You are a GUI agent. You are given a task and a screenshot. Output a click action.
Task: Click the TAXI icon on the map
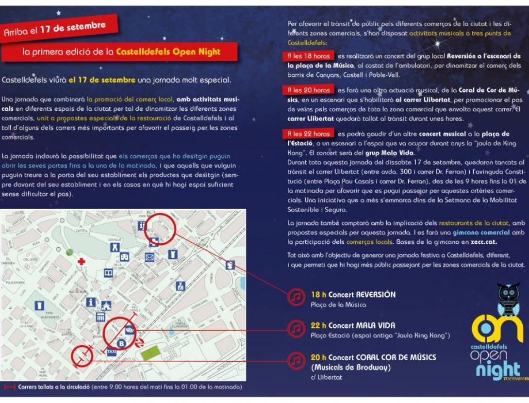pyautogui.click(x=112, y=352)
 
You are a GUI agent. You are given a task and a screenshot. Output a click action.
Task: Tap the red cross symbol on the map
pyautogui.click(x=82, y=262)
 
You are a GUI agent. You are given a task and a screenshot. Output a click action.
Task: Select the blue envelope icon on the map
pyautogui.click(x=149, y=257)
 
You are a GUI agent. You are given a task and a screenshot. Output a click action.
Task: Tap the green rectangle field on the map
pyautogui.click(x=149, y=353)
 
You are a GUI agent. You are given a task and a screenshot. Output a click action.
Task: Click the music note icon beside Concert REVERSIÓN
pyautogui.click(x=296, y=296)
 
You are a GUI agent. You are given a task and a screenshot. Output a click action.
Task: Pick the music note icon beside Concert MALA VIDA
pyautogui.click(x=296, y=329)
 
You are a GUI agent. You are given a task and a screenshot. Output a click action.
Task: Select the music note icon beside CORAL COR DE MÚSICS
pyautogui.click(x=296, y=360)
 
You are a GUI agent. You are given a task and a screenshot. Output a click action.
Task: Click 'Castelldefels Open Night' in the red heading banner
pyautogui.click(x=168, y=52)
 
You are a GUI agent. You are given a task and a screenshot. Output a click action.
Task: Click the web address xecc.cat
pyautogui.click(x=484, y=242)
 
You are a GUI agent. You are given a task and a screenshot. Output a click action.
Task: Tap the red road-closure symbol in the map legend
pyautogui.click(x=10, y=387)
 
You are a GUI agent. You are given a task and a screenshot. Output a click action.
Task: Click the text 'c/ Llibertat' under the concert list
pyautogui.click(x=326, y=377)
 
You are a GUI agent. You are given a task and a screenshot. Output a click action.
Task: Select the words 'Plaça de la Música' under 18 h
pyautogui.click(x=338, y=305)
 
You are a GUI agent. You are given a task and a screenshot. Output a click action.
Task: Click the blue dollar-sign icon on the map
pyautogui.click(x=230, y=265)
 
